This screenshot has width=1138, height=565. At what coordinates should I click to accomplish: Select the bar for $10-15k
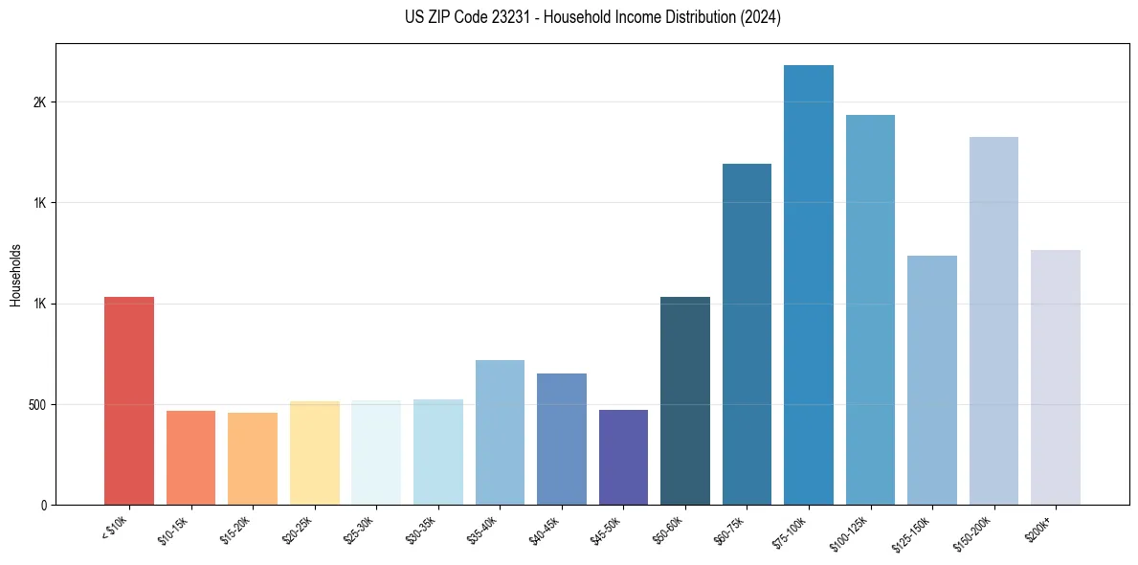point(190,458)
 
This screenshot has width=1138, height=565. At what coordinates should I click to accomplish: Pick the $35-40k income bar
point(500,432)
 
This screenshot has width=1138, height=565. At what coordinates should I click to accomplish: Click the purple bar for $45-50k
point(623,457)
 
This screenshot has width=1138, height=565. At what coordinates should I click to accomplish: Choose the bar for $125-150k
point(932,380)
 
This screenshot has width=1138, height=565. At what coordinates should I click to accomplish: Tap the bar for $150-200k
point(993,321)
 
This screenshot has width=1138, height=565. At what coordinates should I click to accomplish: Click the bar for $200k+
point(1056,377)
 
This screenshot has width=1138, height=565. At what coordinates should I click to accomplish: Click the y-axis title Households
point(15,274)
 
